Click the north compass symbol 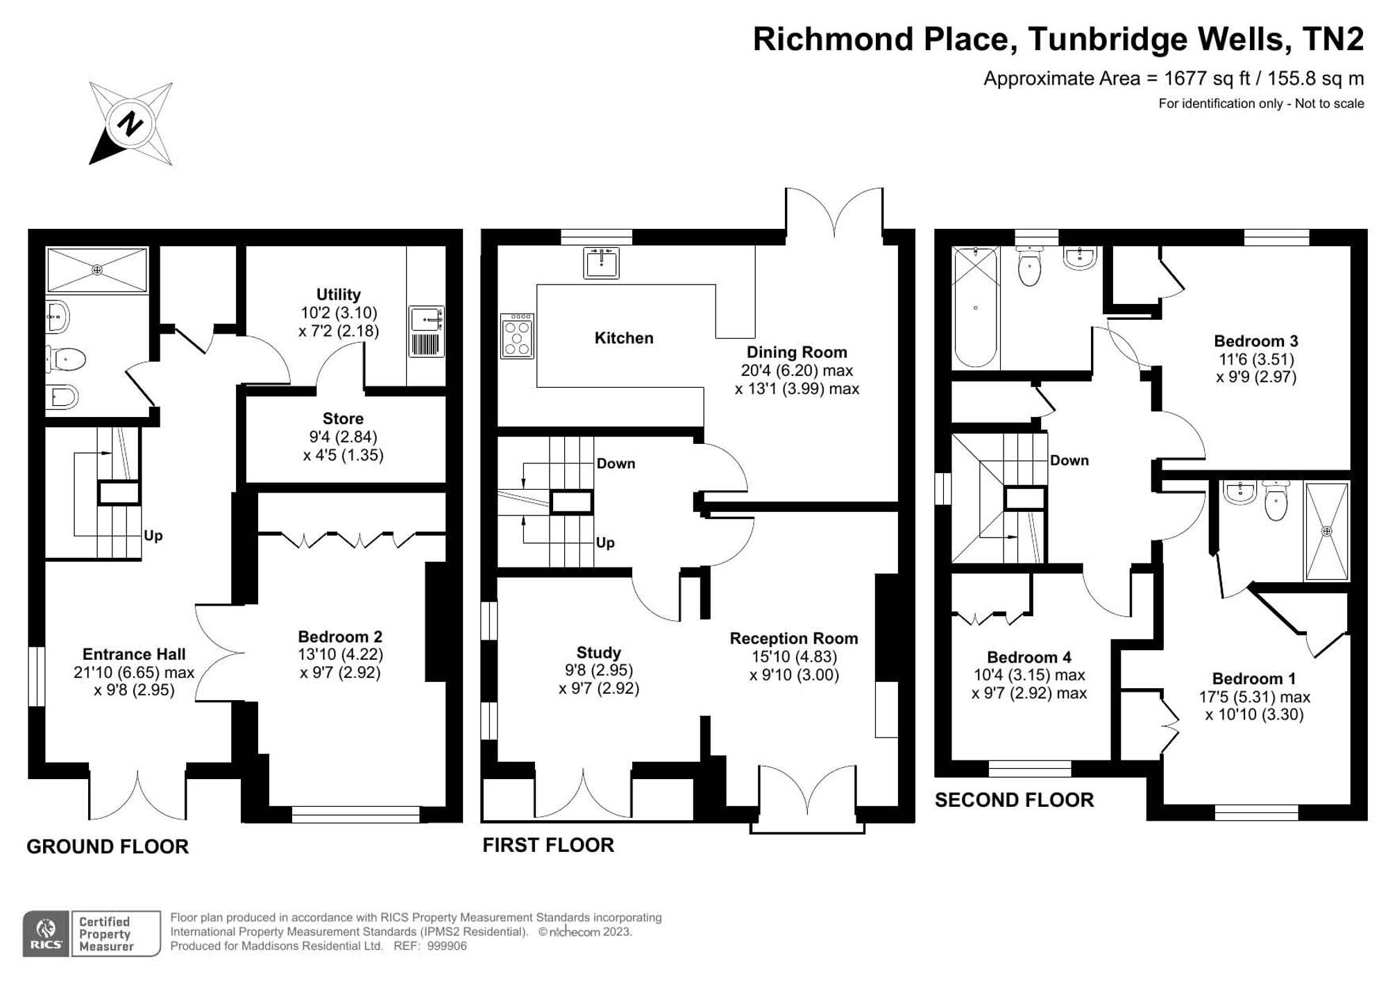tap(130, 123)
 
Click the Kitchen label tap(624, 338)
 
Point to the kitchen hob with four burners tap(517, 336)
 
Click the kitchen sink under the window tap(601, 263)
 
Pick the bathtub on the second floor tap(975, 307)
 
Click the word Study tap(598, 652)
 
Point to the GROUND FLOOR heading tap(108, 846)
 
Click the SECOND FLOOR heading tap(1014, 800)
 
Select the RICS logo tap(46, 934)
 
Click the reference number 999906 tap(447, 946)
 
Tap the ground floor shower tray tap(97, 270)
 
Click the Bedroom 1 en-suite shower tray tap(1327, 531)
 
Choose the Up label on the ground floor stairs tap(153, 536)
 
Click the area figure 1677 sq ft tap(1207, 78)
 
